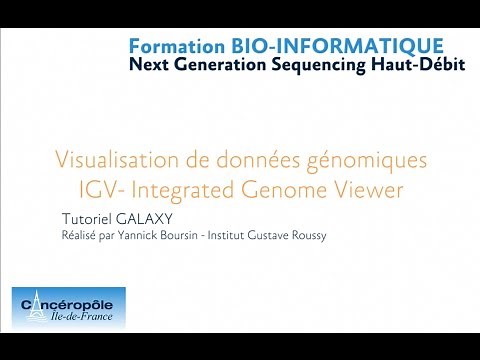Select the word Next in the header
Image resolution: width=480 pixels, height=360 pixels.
click(x=146, y=65)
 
